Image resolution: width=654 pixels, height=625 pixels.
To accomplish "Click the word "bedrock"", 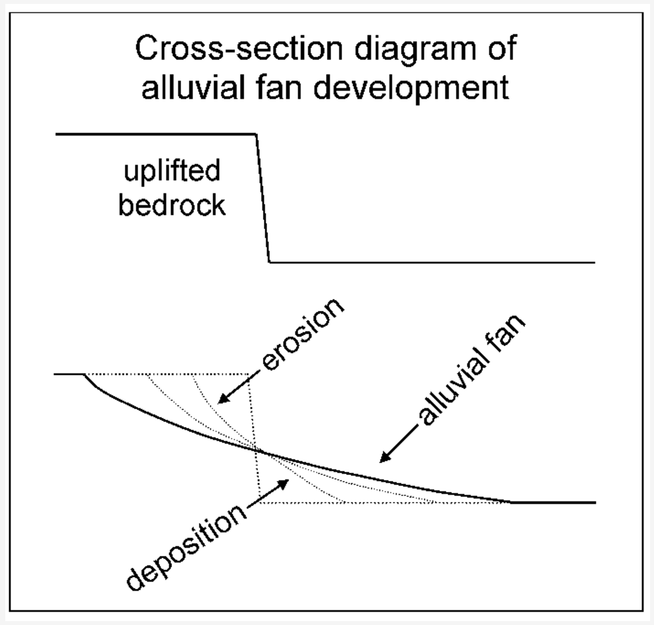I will (172, 205).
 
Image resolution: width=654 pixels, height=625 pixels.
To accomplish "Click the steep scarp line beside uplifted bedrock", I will (263, 197).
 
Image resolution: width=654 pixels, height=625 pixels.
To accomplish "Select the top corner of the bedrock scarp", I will (256, 134).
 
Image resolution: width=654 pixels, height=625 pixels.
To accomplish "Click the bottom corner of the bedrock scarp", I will (270, 262).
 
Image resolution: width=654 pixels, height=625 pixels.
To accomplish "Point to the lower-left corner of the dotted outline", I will (259, 502).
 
